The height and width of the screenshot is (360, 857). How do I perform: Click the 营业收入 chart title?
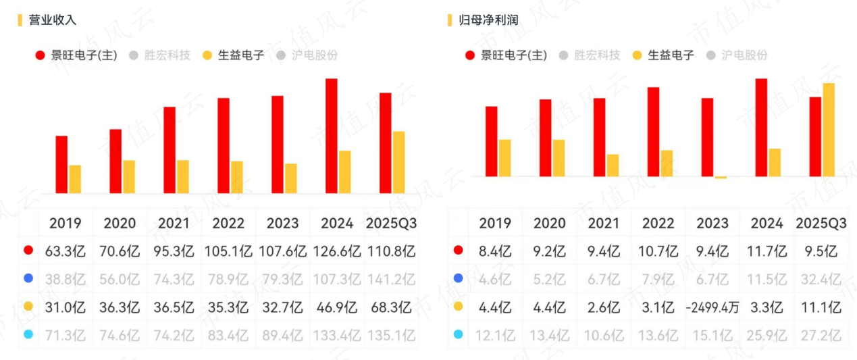point(52,20)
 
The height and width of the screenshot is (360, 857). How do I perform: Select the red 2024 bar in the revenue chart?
point(332,136)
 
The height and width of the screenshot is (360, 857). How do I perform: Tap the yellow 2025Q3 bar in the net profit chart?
point(829,130)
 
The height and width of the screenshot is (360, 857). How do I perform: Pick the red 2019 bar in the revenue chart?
point(61,165)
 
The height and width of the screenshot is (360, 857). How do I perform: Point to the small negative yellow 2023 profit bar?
point(721,178)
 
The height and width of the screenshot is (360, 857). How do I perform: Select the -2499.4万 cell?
point(712,308)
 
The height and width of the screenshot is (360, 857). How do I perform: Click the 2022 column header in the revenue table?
point(228,223)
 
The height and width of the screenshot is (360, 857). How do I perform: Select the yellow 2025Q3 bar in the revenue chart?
point(399,162)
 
